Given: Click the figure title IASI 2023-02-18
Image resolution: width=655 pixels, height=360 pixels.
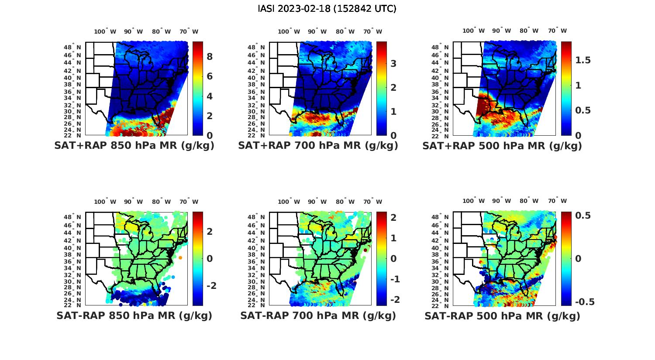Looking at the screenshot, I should click(x=327, y=8).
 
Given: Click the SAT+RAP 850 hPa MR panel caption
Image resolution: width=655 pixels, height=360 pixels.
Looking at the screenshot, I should click(x=134, y=146).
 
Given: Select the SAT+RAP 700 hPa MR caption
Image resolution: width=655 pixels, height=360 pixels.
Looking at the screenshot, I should click(x=318, y=146).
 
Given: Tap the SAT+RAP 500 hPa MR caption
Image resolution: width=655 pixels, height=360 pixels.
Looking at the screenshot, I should click(x=502, y=146).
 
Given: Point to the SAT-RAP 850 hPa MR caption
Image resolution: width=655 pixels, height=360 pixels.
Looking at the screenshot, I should click(x=134, y=315).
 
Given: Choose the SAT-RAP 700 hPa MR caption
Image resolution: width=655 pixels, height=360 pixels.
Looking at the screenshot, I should click(x=318, y=315).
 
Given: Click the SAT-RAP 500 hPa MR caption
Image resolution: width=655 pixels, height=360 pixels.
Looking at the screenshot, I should click(x=502, y=316).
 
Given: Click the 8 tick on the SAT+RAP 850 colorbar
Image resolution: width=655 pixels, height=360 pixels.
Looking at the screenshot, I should click(x=210, y=57).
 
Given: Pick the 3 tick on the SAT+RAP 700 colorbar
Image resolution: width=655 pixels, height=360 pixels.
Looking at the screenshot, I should click(x=393, y=64).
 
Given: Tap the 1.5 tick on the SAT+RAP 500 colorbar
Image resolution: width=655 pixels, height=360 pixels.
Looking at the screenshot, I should click(x=583, y=60).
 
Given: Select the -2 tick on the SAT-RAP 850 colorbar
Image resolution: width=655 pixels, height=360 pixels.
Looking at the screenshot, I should click(x=211, y=286).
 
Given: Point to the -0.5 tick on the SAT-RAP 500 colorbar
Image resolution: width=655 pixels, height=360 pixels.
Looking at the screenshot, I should click(x=585, y=302).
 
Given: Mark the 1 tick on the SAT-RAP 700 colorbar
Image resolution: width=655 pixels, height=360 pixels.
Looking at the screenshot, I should click(x=393, y=238).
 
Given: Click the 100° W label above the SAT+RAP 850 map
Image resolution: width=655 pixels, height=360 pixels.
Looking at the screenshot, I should click(x=105, y=31).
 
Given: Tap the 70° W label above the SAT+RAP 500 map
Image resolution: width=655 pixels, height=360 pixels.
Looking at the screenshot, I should click(x=557, y=31).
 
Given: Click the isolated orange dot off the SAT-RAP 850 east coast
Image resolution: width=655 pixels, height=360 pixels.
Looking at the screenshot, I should click(x=180, y=258).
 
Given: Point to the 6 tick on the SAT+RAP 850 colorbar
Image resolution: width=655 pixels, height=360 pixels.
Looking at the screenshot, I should click(x=210, y=76).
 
